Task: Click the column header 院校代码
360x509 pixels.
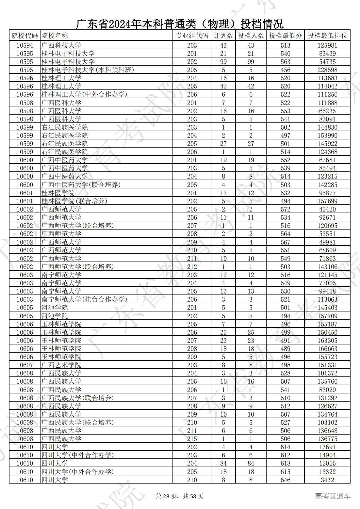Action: pos(25,36)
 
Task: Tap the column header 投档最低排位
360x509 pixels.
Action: pos(327,36)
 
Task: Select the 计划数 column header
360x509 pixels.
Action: pos(223,36)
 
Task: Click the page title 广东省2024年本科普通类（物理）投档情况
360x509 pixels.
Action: pos(180,24)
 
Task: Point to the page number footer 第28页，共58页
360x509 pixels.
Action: pos(180,496)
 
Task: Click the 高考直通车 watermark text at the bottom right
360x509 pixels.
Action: pos(333,496)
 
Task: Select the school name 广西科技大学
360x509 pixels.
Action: pos(61,45)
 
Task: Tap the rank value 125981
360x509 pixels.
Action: pos(327,45)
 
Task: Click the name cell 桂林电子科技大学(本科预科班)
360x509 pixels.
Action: pos(88,70)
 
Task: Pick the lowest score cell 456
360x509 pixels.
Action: pos(285,70)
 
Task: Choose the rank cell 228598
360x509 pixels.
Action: pos(327,70)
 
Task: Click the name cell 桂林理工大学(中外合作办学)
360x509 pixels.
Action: pos(84,94)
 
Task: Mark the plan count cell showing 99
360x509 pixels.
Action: pos(223,62)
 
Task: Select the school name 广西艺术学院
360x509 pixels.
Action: pos(61,365)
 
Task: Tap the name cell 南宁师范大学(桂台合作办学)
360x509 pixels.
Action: pos(84,299)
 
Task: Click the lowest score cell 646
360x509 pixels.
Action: pos(285,480)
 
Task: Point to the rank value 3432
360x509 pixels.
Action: pos(327,480)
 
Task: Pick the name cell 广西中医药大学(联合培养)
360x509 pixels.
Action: pos(81,185)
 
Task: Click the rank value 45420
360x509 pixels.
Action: pos(327,209)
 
